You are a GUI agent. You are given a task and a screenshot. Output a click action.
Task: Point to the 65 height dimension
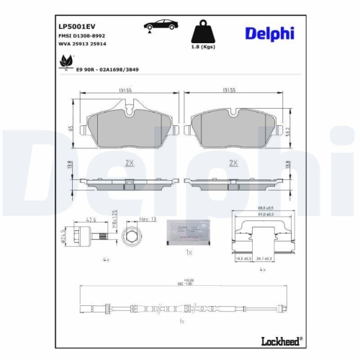[70, 128]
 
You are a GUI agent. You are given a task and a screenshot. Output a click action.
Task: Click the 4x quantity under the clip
[261, 269]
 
